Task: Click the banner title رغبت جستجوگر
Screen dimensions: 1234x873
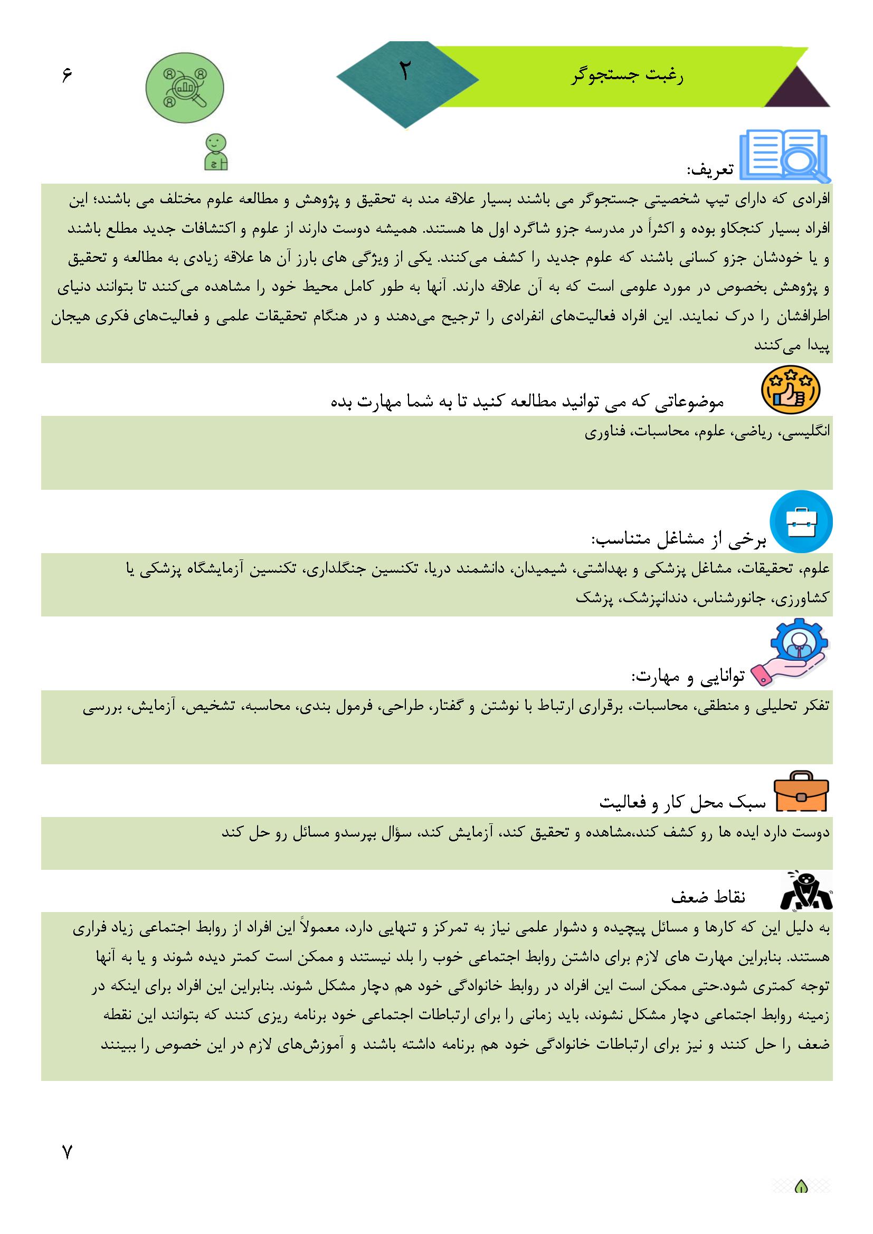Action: click(627, 77)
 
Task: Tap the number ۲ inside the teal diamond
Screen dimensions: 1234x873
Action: click(404, 71)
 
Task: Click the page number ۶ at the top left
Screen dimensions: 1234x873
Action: click(67, 75)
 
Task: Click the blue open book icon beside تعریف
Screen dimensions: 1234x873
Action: click(785, 155)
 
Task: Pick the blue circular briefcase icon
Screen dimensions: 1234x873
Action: click(801, 522)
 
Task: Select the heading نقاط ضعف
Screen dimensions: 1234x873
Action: click(708, 898)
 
